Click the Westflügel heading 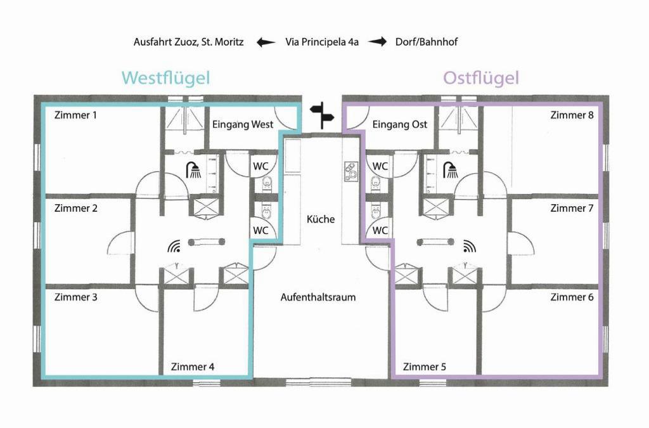click(x=165, y=78)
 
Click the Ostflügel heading click(x=481, y=78)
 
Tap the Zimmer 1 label click(x=75, y=115)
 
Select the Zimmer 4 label click(x=193, y=366)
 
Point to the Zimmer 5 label click(x=424, y=366)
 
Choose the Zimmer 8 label click(x=572, y=115)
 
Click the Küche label click(x=321, y=219)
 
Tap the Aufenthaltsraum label click(x=318, y=297)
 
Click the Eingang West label click(x=243, y=124)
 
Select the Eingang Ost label click(x=399, y=124)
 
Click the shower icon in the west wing click(x=193, y=170)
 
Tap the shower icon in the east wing click(x=451, y=170)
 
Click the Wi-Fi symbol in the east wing click(x=470, y=246)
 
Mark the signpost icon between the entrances click(x=322, y=115)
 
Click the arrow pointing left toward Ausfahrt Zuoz click(x=266, y=42)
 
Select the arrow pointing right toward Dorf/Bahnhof click(x=377, y=42)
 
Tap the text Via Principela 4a click(x=321, y=42)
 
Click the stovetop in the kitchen click(x=351, y=171)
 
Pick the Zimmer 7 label click(x=572, y=208)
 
